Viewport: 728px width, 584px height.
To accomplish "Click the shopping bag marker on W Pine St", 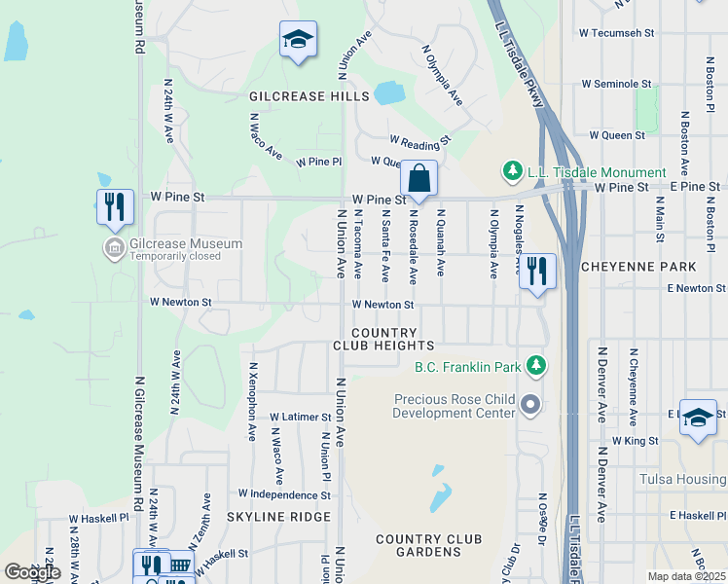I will tap(419, 179).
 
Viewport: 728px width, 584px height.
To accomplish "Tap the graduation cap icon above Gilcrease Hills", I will tap(298, 40).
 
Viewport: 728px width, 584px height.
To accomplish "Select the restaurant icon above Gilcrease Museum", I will tap(115, 207).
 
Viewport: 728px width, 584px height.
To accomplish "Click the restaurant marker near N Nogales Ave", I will tap(537, 272).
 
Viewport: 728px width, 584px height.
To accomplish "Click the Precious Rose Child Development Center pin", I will tap(530, 403).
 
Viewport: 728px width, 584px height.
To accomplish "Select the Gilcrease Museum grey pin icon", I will tap(114, 248).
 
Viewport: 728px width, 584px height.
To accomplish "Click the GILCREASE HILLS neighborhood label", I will tap(309, 96).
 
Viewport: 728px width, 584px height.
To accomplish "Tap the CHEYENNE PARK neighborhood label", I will tap(638, 266).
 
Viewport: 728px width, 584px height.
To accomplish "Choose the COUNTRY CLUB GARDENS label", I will tap(419, 545).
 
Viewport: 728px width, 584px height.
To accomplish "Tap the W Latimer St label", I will tap(301, 417).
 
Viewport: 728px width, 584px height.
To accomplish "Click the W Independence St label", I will tap(284, 494).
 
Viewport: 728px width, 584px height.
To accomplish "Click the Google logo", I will tap(32, 571).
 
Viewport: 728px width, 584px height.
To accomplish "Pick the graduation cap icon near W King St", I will tap(698, 418).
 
